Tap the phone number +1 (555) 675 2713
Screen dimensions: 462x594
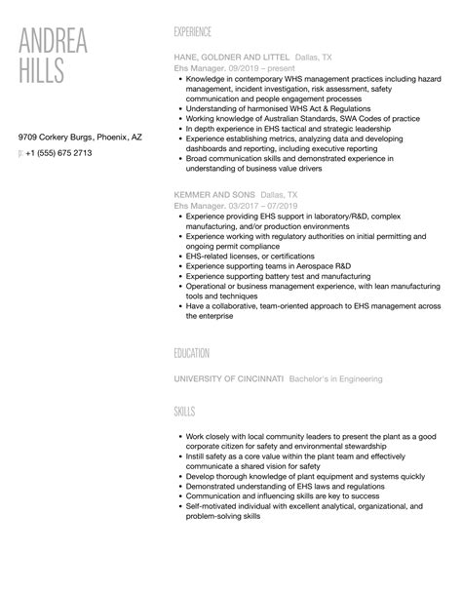coord(60,153)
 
